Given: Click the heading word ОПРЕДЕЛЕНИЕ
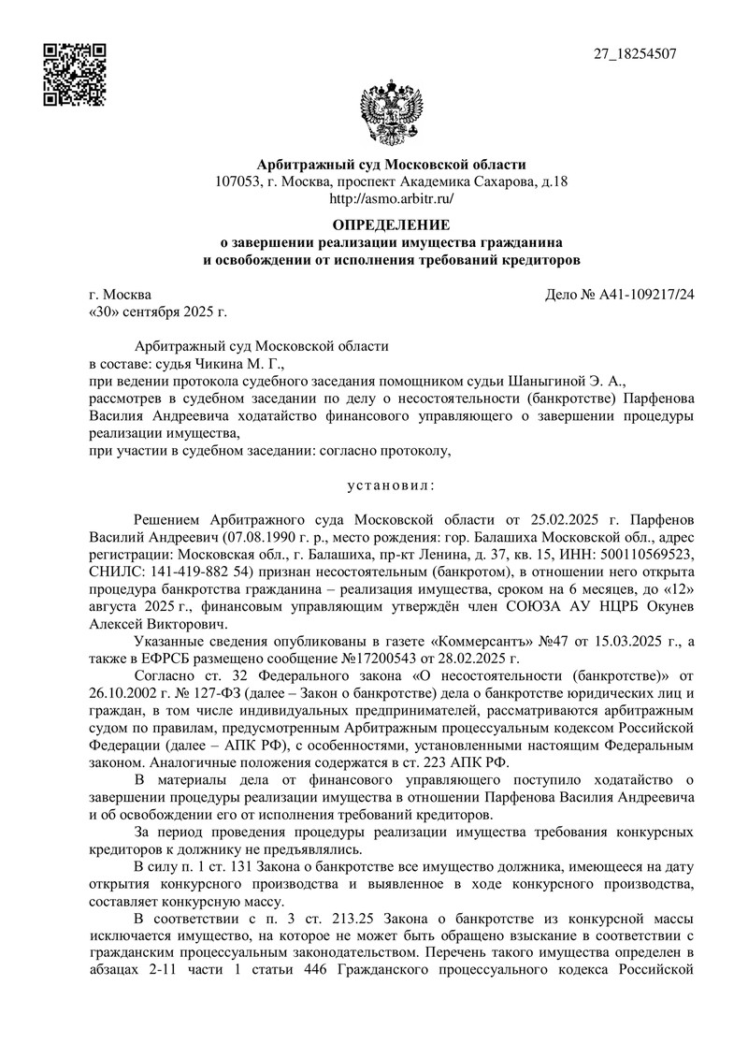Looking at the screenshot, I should [x=392, y=225].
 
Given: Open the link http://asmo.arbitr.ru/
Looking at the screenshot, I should [x=392, y=198].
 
